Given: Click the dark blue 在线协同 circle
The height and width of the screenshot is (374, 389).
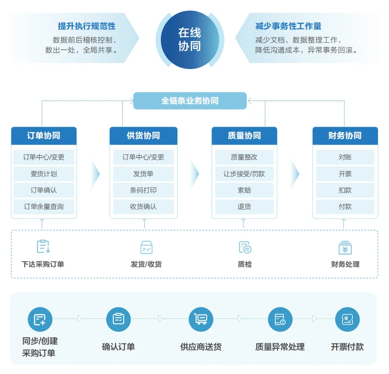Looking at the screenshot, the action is tap(189, 39).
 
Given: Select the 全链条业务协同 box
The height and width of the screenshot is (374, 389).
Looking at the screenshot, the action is tap(190, 101).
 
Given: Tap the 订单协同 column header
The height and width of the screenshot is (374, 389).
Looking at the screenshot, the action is tap(44, 136).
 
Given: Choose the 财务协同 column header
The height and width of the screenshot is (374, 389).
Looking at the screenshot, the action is tap(345, 136).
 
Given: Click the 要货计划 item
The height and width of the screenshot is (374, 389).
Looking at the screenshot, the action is tap(44, 174).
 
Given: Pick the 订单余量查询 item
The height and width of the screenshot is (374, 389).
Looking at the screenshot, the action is tap(44, 207).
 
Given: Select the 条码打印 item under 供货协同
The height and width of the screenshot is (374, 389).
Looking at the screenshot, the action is tap(143, 190).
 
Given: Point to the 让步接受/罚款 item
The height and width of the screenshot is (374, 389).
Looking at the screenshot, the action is tap(244, 174).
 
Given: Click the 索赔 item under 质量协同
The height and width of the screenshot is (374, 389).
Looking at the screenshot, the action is tap(244, 190).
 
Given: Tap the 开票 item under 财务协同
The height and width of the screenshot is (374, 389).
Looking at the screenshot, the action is tap(345, 174).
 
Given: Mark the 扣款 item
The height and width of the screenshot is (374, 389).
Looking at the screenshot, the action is tap(345, 190).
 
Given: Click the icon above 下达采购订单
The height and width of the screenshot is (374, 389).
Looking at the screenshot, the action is tap(43, 247).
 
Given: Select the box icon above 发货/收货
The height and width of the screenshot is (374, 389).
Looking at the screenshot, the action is tap(146, 247).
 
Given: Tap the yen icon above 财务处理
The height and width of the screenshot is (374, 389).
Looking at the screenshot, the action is tap(345, 247).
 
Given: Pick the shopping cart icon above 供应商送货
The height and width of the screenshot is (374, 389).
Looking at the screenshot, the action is tap(201, 319).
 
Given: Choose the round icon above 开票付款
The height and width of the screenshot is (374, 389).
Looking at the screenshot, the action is tap(348, 319).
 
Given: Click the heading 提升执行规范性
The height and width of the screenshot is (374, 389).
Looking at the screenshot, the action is tap(87, 26).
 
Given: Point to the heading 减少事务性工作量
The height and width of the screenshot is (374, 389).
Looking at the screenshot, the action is tap(288, 26).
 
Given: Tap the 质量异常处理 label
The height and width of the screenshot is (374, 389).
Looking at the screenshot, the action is tap(280, 347).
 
